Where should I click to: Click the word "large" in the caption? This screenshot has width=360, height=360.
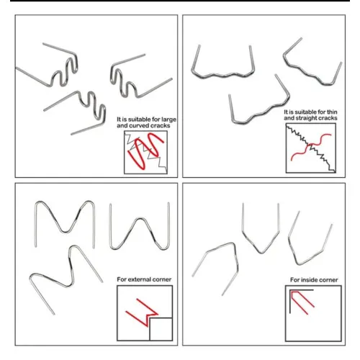[x=168, y=120]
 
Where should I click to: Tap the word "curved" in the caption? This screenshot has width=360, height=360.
[x=140, y=126]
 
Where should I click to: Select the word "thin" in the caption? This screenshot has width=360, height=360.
[x=332, y=112]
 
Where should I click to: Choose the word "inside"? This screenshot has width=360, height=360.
[x=310, y=280]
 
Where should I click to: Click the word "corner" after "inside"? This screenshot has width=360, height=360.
[x=329, y=280]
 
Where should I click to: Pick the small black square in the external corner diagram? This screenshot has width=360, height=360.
[x=161, y=329]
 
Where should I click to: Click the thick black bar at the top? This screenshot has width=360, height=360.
[x=180, y=1]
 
